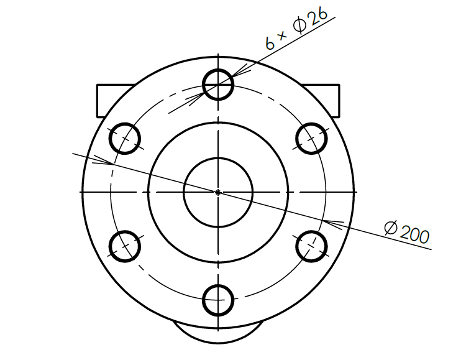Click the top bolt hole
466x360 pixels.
point(218,83)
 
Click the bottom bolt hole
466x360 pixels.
point(218,300)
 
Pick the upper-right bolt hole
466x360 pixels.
point(311,137)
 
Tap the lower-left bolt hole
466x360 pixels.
point(125,246)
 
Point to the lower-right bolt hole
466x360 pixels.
point(311,246)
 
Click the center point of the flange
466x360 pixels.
point(218,192)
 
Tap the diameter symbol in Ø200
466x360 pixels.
point(391,228)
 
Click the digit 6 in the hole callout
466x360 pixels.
point(270,43)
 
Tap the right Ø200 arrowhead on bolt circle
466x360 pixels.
point(334,222)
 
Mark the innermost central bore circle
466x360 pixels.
point(218,192)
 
